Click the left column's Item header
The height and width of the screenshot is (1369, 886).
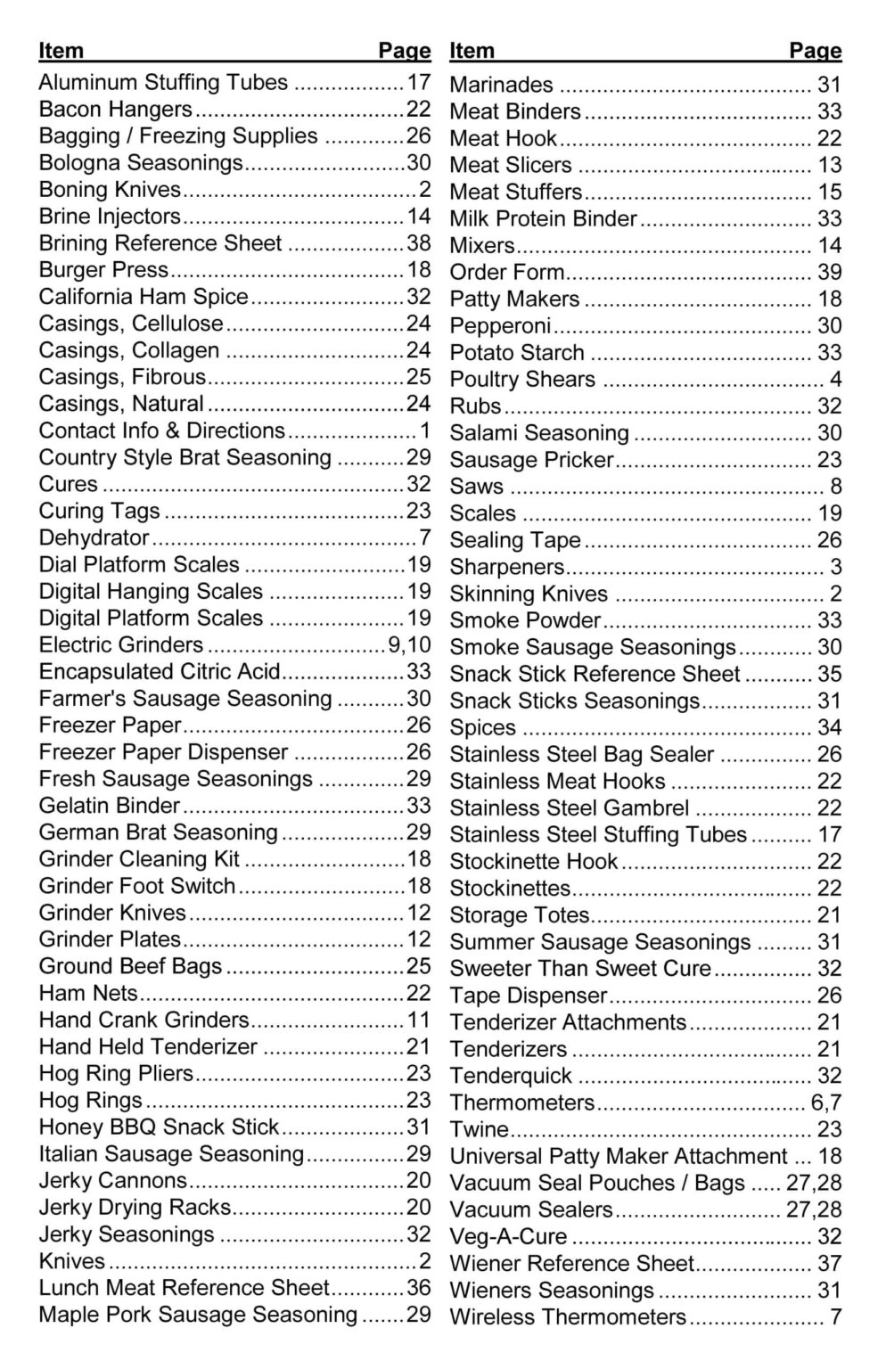(61, 51)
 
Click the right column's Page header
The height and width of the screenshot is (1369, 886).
(815, 51)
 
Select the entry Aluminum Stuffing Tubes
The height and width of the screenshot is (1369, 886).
(163, 83)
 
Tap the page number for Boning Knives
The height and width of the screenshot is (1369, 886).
(424, 190)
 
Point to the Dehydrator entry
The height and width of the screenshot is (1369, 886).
(94, 538)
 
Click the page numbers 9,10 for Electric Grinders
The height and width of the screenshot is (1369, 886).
(409, 645)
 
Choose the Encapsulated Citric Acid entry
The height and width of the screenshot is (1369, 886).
(160, 672)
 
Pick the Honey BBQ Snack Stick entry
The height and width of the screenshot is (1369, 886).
(159, 1127)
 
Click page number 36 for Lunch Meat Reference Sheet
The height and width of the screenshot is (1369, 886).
(419, 1288)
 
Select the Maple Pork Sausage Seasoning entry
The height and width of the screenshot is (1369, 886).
(198, 1315)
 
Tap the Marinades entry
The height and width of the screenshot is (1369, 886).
(501, 86)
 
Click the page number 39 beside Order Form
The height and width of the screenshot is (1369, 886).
(829, 273)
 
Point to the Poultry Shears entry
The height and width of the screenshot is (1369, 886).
(521, 380)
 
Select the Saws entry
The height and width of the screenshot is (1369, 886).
(476, 487)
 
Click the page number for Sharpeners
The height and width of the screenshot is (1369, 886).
(835, 567)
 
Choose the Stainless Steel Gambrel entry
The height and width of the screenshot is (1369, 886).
(569, 808)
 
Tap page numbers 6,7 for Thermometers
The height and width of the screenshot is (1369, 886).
(825, 1103)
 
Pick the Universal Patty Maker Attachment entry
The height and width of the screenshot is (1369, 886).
(618, 1157)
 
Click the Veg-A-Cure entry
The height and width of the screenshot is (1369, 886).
(508, 1237)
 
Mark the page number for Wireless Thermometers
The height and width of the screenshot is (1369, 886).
(835, 1317)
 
